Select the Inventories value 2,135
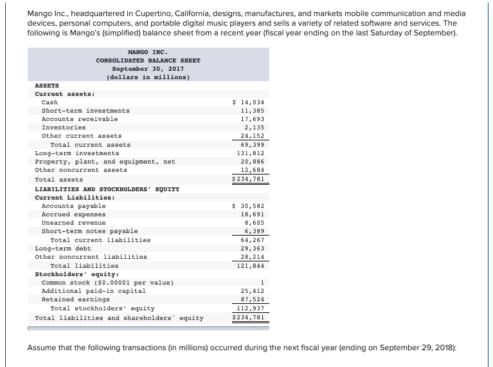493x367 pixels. click(x=254, y=127)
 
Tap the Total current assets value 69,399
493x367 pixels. click(x=252, y=145)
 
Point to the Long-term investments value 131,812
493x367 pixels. click(x=250, y=153)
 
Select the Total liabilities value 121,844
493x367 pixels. click(x=250, y=265)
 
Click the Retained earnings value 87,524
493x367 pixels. click(x=252, y=299)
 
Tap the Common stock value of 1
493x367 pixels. click(x=263, y=282)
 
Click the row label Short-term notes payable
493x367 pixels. click(x=89, y=231)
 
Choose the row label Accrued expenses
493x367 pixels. click(x=73, y=214)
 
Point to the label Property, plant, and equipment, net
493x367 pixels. click(x=105, y=162)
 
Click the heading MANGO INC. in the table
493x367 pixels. click(x=148, y=52)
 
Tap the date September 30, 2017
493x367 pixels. click(x=148, y=68)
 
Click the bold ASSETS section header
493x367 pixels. click(x=47, y=85)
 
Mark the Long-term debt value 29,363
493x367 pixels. click(x=252, y=248)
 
